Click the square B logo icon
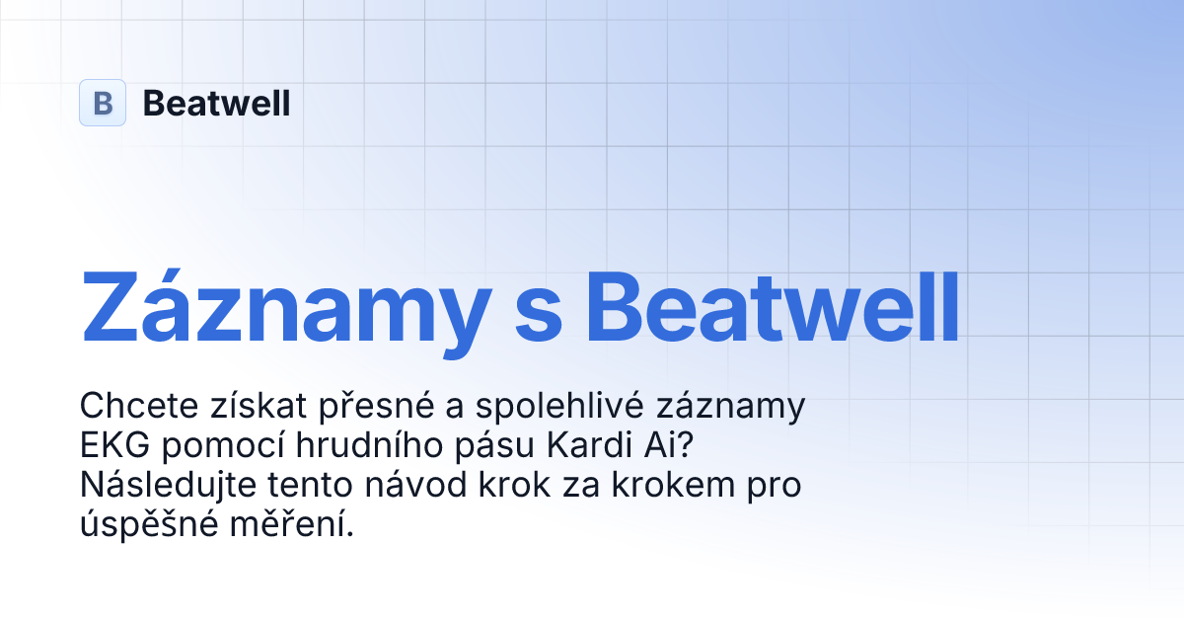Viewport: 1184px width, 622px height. tap(103, 103)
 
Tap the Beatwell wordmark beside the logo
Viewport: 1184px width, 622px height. tap(216, 103)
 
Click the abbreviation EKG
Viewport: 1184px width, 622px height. tap(111, 446)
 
